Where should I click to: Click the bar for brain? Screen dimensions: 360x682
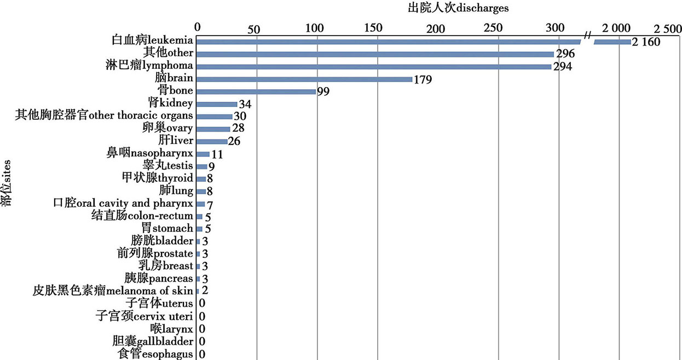coord(304,79)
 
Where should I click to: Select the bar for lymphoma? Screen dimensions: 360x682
coord(374,67)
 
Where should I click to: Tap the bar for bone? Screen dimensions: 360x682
coord(256,91)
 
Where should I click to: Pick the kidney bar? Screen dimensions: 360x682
coord(217,104)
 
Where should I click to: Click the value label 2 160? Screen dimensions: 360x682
coord(646,42)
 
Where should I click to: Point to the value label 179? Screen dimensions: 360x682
coord(423,80)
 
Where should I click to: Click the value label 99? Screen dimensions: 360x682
coord(323,92)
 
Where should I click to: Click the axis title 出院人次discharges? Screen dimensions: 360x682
coord(458,8)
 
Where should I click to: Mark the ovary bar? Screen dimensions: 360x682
coord(213,129)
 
